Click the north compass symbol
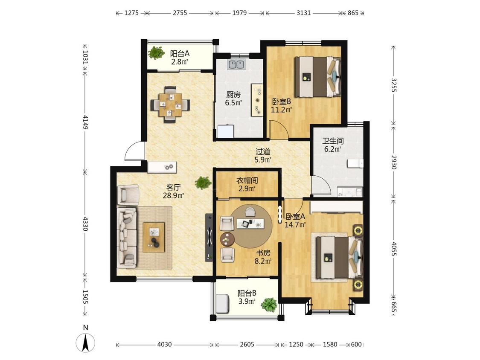(x=85, y=340)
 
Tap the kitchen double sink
(x=236, y=64)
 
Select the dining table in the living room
(x=170, y=105)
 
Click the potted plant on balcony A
(x=157, y=52)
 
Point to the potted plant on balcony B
(x=269, y=305)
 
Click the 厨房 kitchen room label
(x=233, y=95)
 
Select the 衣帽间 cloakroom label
(x=247, y=180)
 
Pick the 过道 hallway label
(x=263, y=151)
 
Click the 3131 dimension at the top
(x=303, y=13)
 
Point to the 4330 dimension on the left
(x=85, y=224)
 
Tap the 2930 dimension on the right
(x=393, y=162)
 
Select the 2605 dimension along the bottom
(x=247, y=344)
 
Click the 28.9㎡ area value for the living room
(x=173, y=195)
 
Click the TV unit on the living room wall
(x=209, y=237)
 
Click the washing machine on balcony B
(x=223, y=304)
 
